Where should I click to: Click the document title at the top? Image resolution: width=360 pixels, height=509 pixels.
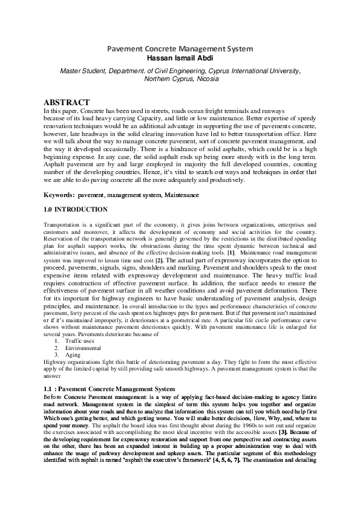pyautogui.click(x=180, y=48)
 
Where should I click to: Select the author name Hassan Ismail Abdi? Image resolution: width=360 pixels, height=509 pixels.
pyautogui.click(x=180, y=57)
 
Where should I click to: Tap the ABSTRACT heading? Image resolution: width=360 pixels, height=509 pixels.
pyautogui.click(x=67, y=102)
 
